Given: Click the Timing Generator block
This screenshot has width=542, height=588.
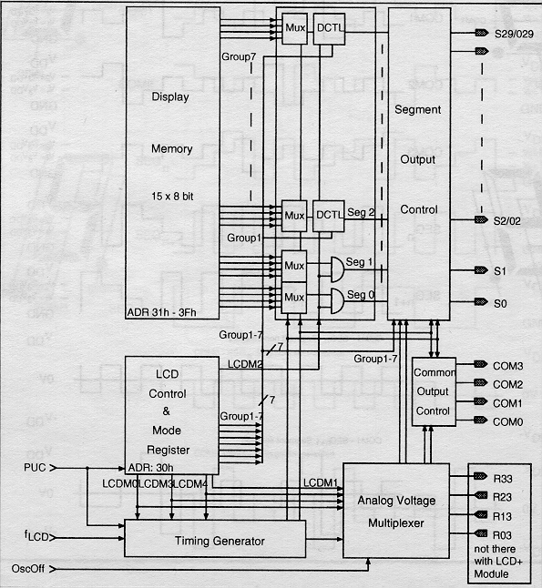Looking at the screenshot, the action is pos(215,539).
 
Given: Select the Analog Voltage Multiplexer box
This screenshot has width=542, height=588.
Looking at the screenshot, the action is pos(396,511).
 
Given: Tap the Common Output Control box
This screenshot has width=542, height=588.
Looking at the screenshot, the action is pos(434,392).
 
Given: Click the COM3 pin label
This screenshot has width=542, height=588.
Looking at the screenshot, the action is pos(508,366).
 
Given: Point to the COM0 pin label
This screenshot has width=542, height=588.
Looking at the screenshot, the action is pos(508,421).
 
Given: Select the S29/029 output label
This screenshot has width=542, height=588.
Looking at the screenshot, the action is pos(514,34).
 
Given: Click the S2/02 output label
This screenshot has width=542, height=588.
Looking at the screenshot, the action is pos(506,221).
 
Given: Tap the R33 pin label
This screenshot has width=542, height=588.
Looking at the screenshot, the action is pos(503,479).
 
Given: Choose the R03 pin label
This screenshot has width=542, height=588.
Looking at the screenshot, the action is pos(503,535).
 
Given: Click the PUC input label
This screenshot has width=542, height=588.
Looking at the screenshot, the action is pos(35,468).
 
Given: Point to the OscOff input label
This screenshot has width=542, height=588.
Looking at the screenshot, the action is pos(28,569).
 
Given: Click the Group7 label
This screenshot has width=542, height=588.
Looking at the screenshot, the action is pos(239,56).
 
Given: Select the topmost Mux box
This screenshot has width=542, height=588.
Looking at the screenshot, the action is pos(294,29).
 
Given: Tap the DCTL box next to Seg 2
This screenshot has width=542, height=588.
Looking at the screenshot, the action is pos(329,216).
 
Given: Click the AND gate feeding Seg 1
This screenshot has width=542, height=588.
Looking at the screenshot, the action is pos(337,269).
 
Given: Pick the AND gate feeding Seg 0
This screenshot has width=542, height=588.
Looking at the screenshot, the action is pos(337,301).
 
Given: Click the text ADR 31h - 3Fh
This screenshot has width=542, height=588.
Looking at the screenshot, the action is pos(161,312).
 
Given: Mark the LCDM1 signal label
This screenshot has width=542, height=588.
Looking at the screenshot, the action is pos(321,482).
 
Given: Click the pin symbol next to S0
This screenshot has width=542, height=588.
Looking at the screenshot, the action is pos(481,301).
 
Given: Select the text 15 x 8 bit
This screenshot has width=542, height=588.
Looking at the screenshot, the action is pos(172,196).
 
